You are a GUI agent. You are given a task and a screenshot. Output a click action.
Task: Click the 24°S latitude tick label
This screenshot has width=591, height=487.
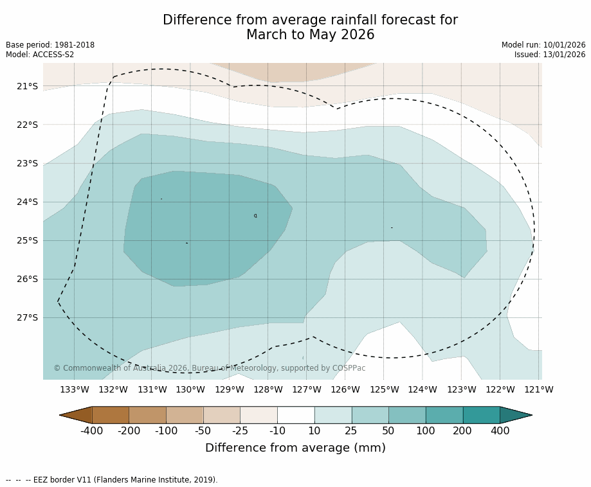27,202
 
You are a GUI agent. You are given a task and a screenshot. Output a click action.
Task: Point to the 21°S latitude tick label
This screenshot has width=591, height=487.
27,86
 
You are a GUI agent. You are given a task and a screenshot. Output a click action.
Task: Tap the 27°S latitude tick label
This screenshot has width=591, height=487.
27,317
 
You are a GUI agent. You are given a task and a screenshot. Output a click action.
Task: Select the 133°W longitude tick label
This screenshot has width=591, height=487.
75,389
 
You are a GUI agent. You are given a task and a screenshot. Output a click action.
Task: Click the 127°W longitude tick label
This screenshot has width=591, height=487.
307,389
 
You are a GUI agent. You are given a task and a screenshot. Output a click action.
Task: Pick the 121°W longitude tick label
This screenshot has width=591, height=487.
539,389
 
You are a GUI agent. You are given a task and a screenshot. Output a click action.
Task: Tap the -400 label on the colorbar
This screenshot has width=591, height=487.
91,431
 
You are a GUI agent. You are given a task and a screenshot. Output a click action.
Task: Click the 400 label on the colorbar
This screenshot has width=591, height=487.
500,431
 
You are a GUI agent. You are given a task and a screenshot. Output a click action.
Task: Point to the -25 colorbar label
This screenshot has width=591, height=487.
240,431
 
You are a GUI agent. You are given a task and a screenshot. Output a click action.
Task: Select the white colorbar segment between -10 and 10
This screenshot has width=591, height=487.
296,415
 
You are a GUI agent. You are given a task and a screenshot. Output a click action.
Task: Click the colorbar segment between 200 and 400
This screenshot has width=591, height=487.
481,415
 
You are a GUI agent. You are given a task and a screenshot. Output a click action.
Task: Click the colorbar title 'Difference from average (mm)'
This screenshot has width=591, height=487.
295,448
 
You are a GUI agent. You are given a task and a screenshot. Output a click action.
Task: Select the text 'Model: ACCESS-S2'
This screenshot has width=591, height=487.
40,55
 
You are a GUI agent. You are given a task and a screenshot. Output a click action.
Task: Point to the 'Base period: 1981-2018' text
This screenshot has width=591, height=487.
50,45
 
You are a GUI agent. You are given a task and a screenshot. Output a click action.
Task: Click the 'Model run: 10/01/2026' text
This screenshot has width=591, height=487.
543,45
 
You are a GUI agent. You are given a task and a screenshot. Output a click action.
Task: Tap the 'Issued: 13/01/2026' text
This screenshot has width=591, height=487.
550,55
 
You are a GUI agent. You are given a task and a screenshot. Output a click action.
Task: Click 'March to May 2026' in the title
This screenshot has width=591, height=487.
310,35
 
